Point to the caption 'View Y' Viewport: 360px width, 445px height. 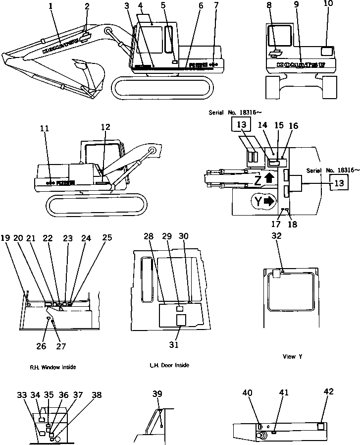tap(289, 356)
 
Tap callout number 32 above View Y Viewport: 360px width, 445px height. tap(276, 236)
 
